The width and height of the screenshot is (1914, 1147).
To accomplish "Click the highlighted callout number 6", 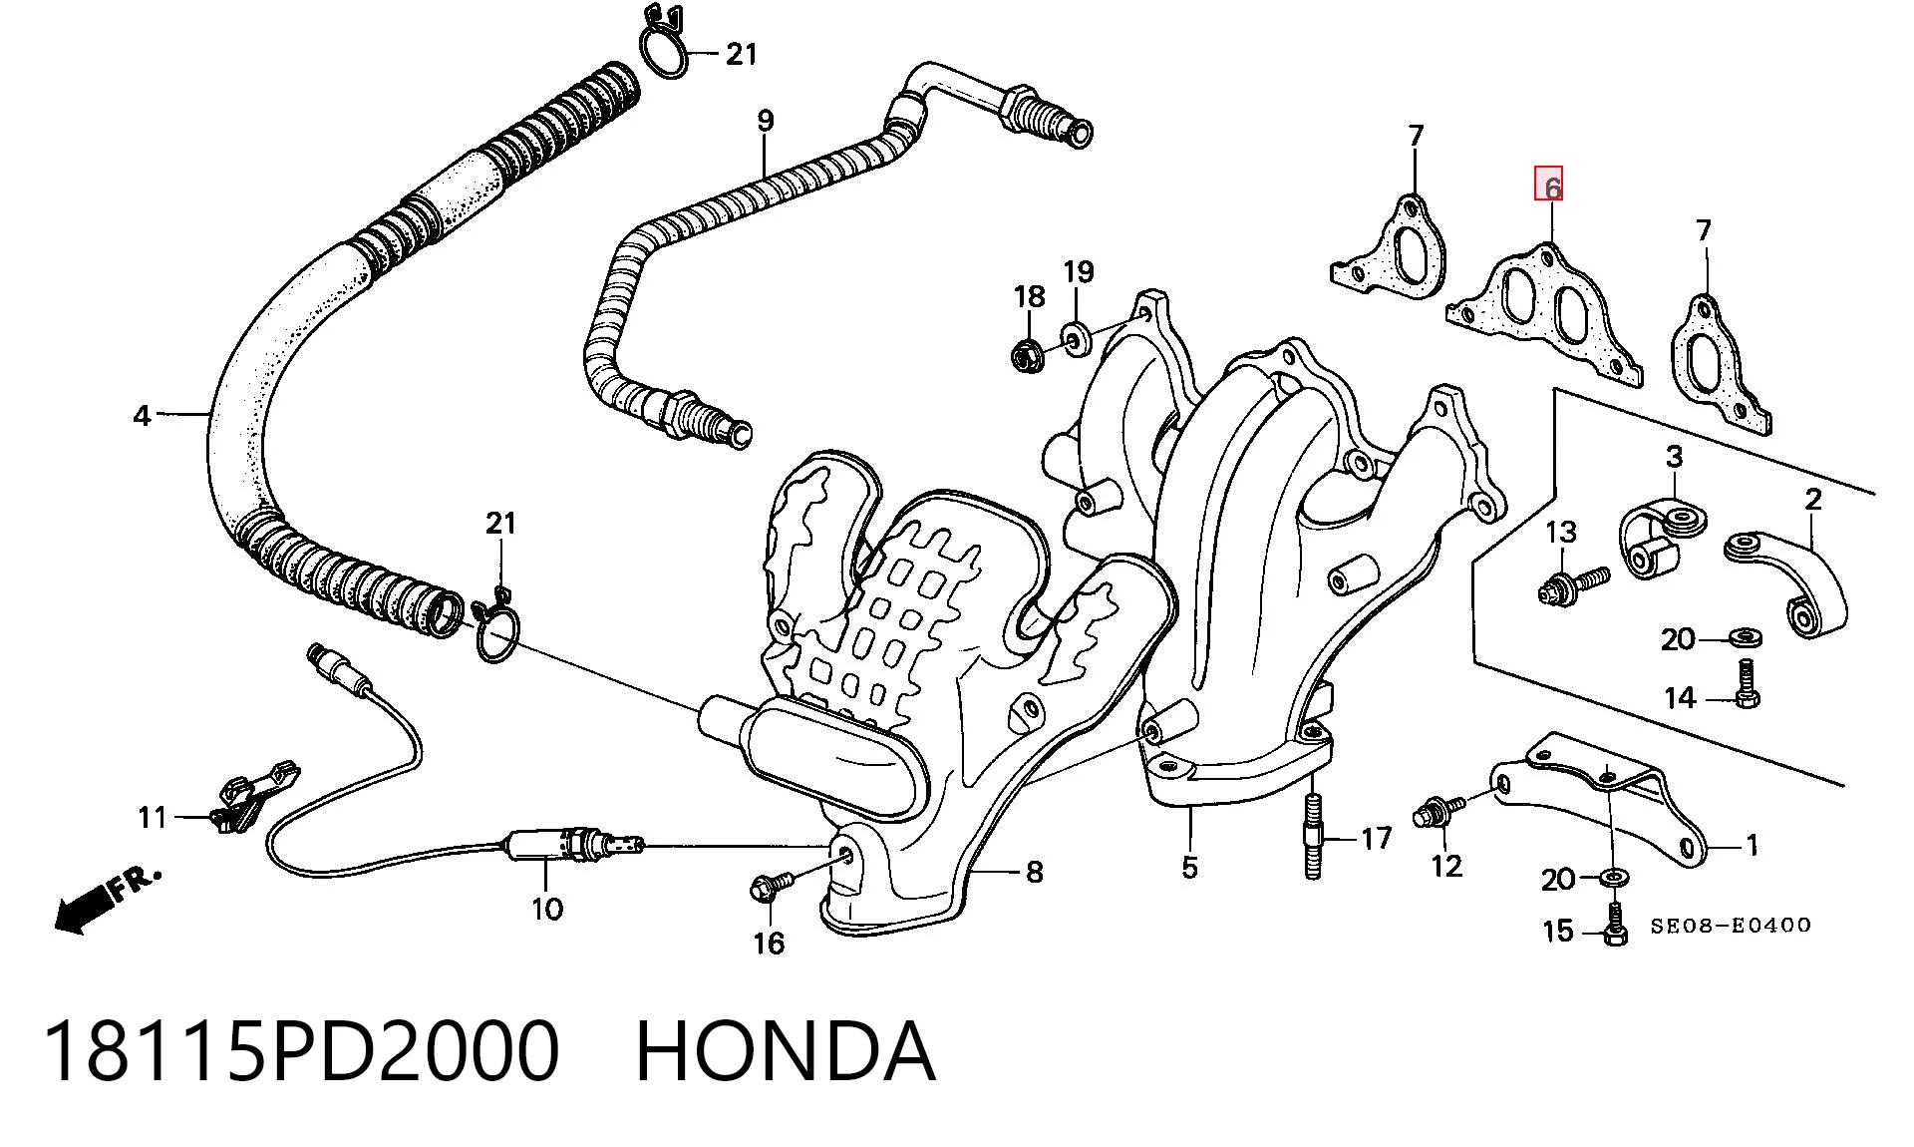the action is pos(1548,184).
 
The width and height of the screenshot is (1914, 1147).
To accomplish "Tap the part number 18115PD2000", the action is pos(300,1051).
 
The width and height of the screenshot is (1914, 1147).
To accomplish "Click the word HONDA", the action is pos(786,1051).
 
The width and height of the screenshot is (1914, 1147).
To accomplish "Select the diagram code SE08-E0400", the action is pos(1730,925).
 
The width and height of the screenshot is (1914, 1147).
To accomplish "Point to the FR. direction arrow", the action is pos(106,898).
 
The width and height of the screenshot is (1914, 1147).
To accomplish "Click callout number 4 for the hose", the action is pos(143,415).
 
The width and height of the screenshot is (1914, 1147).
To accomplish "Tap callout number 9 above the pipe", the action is pos(765,122).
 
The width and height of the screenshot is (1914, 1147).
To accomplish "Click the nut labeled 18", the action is pos(1027,354).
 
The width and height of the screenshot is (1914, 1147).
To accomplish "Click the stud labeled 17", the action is pos(1312,835).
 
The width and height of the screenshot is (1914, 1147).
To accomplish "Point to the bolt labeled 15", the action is pos(1616,923).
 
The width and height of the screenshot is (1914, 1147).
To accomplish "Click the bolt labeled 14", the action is pos(1747,684).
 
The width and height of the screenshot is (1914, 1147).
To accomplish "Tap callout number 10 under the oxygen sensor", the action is pos(547,909).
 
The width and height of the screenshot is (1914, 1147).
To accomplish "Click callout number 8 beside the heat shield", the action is pos(1034,873).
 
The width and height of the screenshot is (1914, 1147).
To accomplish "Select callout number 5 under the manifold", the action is pos(1189,867).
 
